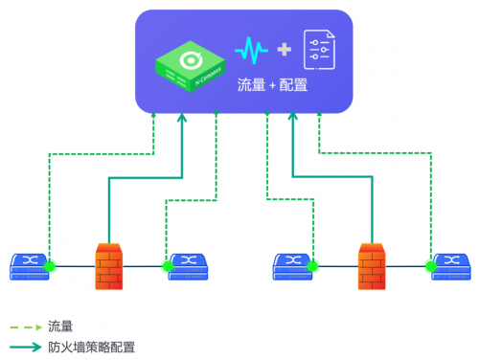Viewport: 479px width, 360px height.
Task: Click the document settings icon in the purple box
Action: pos(319,50)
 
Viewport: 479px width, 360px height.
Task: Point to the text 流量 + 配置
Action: pos(272,85)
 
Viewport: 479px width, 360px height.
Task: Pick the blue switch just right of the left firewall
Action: pos(190,265)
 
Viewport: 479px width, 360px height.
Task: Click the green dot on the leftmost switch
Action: pos(50,265)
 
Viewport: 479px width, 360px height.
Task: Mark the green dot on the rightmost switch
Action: pos(430,265)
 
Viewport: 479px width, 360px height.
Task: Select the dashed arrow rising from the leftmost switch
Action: pos(50,191)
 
